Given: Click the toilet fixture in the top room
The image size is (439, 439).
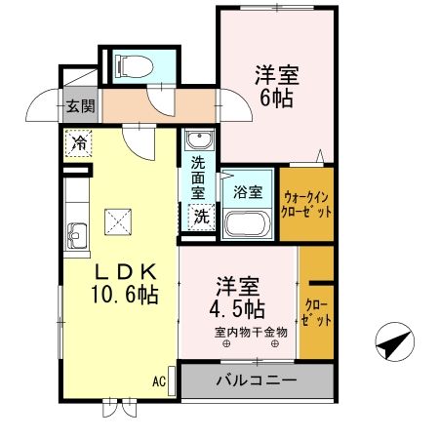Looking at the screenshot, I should (133, 65).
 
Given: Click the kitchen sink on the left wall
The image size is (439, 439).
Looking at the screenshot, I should (75, 234).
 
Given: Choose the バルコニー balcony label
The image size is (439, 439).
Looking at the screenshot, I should (249, 379).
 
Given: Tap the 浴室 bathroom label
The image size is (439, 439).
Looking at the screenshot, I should (248, 192).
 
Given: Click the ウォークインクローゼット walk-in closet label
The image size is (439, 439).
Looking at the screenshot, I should (307, 202).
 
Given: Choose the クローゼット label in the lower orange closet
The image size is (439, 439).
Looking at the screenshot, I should (316, 313).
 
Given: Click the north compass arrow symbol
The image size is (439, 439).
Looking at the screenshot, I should (393, 342).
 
